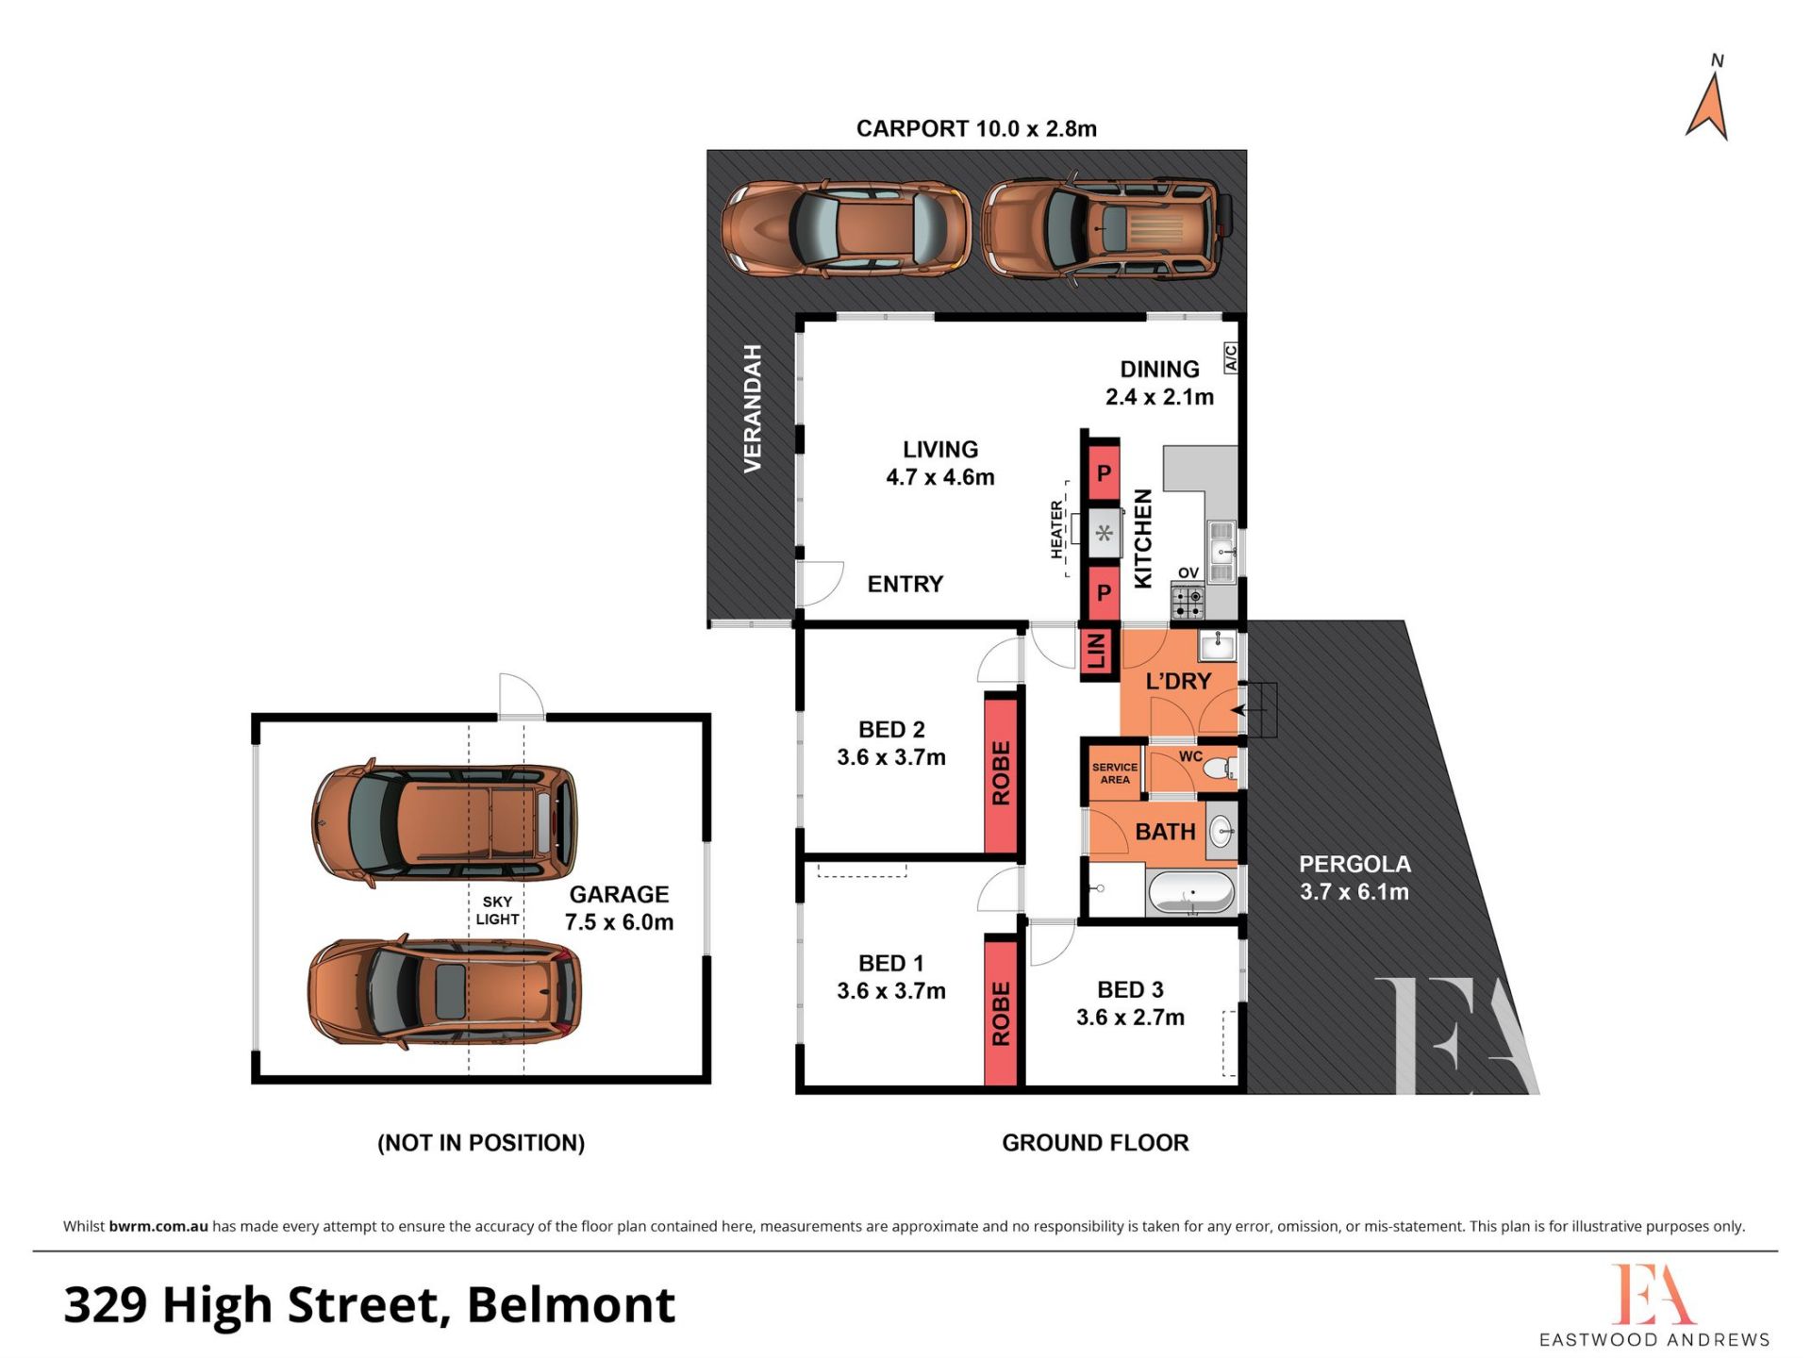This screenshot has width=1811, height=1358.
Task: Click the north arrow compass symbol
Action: tap(1708, 106)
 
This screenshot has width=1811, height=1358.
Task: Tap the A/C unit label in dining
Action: tap(1230, 357)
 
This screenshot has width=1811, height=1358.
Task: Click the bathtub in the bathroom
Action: tap(1190, 892)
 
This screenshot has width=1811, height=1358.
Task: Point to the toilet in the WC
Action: tap(1221, 768)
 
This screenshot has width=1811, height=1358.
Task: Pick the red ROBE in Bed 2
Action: tap(1001, 773)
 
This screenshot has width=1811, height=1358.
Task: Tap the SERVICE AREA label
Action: tap(1115, 773)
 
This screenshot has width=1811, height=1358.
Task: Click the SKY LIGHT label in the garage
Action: tap(497, 911)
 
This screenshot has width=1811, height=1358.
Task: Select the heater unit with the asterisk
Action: tap(1104, 534)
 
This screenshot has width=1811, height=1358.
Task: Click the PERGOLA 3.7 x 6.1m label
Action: tap(1354, 878)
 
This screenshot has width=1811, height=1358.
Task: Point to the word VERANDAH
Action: tap(752, 408)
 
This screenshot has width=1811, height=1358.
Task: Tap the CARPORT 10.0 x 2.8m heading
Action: tap(976, 128)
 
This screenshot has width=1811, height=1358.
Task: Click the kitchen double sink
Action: tap(1221, 552)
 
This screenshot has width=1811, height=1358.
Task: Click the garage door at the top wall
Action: tap(522, 697)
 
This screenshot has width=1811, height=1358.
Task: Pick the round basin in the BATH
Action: tap(1221, 831)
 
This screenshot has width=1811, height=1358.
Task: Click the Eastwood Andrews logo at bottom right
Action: tap(1654, 1305)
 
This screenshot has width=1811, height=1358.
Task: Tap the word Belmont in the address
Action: tap(572, 1305)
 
